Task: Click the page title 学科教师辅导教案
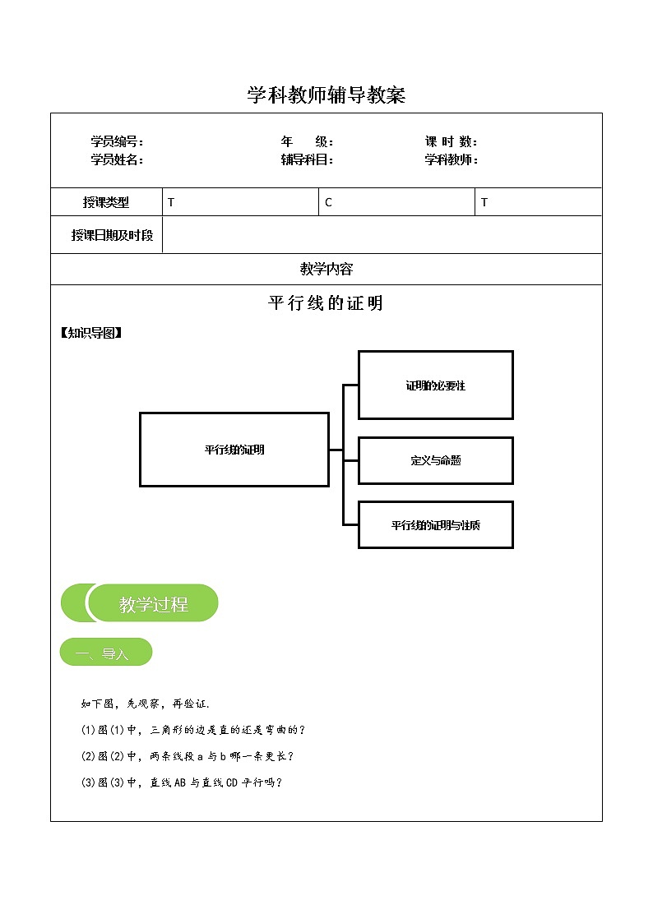(x=326, y=96)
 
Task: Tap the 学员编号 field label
(x=117, y=142)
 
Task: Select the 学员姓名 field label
(x=117, y=160)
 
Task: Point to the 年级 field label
(x=307, y=142)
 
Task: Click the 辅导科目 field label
(x=307, y=160)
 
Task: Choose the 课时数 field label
(x=452, y=142)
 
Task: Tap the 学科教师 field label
(x=452, y=160)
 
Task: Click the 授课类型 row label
(x=106, y=202)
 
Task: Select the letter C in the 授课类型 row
(x=328, y=202)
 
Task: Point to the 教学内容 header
(x=326, y=269)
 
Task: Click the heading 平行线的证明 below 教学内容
(x=326, y=303)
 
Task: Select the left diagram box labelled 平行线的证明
(x=234, y=449)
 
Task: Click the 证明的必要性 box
(x=435, y=385)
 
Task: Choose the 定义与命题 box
(x=435, y=460)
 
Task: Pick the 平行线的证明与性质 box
(x=435, y=524)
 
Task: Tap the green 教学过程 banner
(x=152, y=604)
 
